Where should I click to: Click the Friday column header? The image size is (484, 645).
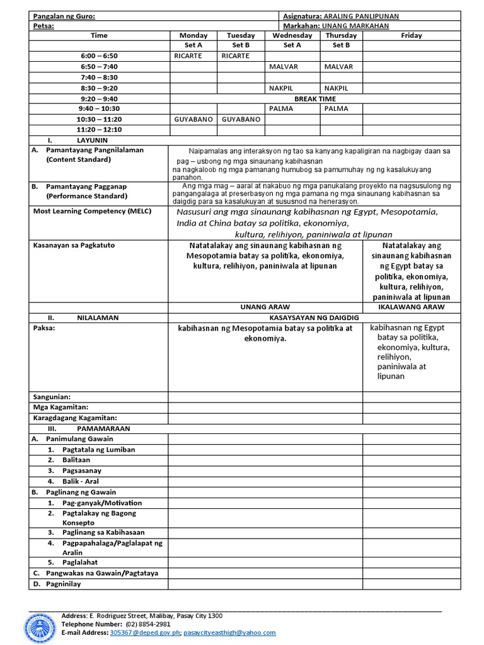click(x=412, y=35)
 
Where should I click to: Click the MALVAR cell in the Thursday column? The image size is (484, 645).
click(x=339, y=66)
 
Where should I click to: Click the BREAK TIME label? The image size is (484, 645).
click(x=315, y=98)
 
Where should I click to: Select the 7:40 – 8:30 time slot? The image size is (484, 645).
click(x=99, y=77)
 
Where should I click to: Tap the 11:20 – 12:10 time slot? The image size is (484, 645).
click(x=99, y=130)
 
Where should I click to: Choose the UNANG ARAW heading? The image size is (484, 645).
click(x=265, y=307)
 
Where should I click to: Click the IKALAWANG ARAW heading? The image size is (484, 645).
click(x=412, y=307)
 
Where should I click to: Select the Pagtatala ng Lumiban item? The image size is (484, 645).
click(x=98, y=449)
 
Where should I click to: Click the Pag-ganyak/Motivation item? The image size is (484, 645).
click(x=102, y=503)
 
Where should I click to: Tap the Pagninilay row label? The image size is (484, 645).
click(x=63, y=583)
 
